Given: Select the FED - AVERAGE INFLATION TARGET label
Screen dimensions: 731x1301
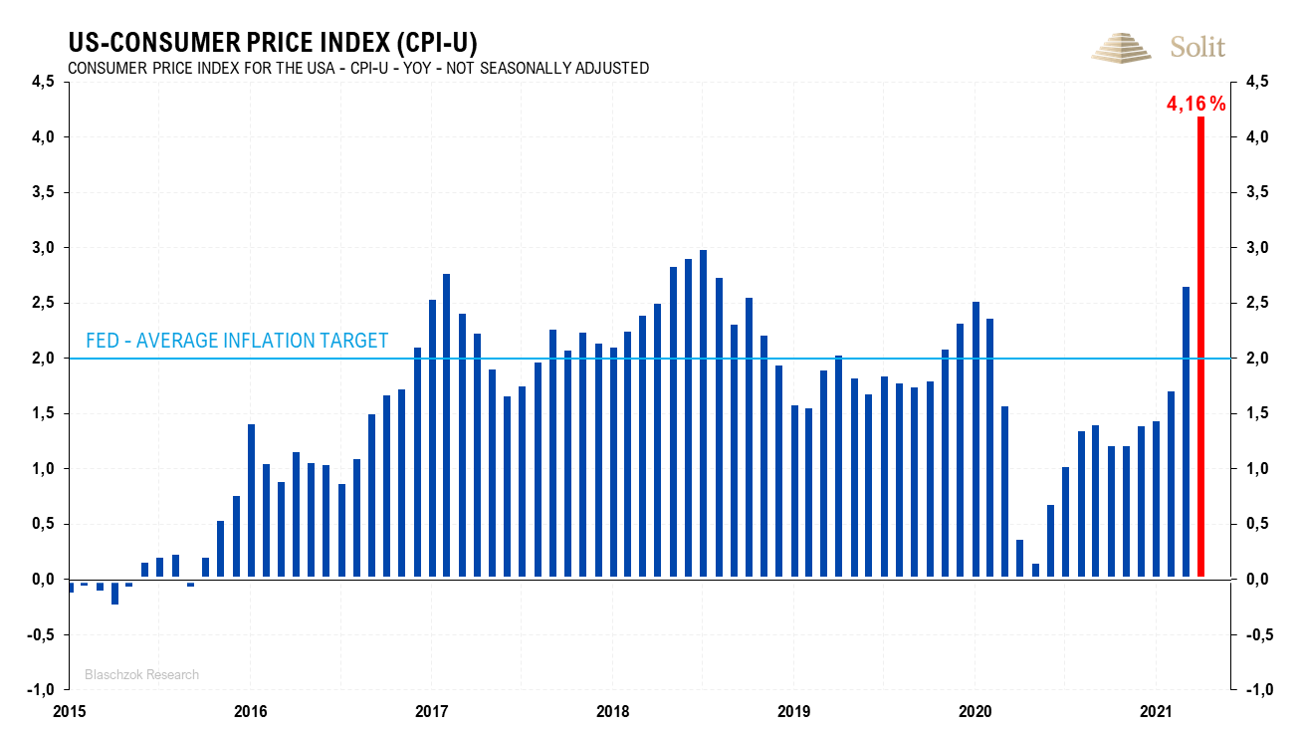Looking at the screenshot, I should pos(237,341).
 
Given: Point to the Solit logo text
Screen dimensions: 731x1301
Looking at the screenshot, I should pos(1197,47).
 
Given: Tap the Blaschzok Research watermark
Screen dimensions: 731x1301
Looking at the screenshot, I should pos(141,674).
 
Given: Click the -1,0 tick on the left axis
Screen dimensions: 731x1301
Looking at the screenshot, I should pos(40,689).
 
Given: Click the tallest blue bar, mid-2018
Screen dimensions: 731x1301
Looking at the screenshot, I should pos(703,413).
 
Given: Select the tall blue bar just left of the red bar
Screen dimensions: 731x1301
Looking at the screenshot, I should pos(1187,431).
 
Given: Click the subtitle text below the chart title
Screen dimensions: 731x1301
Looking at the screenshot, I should pos(358,68).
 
